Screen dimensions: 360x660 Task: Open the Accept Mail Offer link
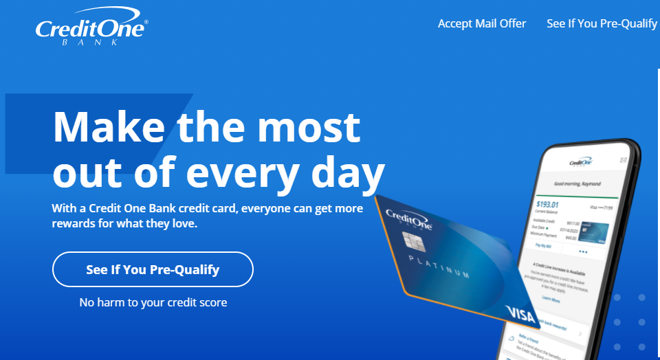click(482, 23)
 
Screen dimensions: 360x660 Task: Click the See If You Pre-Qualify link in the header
click(602, 23)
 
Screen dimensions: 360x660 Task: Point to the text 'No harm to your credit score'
click(153, 302)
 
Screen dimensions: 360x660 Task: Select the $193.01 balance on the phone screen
click(547, 204)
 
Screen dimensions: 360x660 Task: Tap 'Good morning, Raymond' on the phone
click(578, 183)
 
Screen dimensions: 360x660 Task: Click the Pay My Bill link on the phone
click(544, 245)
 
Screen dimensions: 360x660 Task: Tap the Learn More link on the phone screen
click(551, 300)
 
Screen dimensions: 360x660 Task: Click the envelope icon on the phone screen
click(624, 159)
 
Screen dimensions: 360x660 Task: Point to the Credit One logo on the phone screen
click(581, 162)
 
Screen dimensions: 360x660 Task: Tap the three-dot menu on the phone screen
click(583, 251)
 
